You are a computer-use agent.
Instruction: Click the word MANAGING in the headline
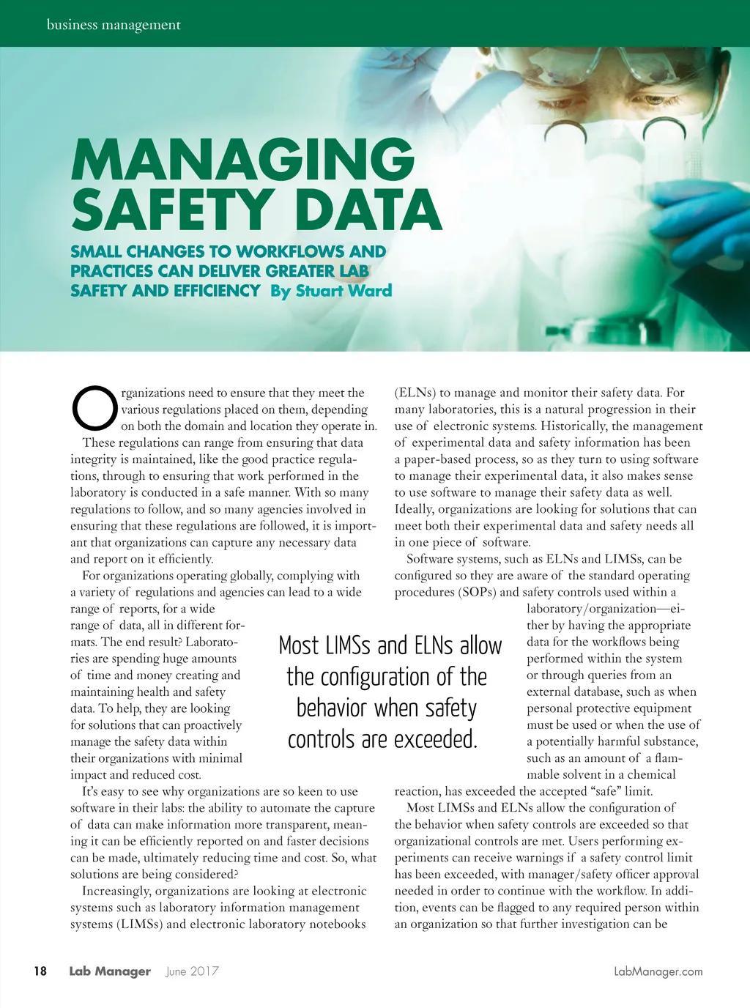coord(242,159)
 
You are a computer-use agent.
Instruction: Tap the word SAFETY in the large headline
coord(173,210)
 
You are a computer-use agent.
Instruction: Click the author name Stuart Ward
coord(344,291)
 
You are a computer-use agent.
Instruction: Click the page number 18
coord(40,971)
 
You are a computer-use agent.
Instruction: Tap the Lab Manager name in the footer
coord(110,971)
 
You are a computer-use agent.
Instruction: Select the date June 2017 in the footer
coord(192,971)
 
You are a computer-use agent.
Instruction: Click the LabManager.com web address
coord(658,971)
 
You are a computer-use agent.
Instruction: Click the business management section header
coord(114,25)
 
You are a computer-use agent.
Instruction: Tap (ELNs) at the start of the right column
coord(415,393)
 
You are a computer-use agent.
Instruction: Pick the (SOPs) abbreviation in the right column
coord(478,592)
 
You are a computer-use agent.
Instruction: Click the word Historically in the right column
coord(553,426)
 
